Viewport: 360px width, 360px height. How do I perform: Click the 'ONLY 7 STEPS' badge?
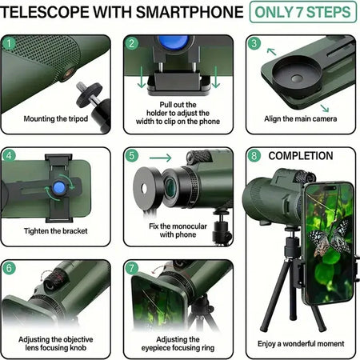302,13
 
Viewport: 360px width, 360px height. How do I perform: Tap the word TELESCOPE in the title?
50,13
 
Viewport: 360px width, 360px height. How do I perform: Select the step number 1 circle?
9,42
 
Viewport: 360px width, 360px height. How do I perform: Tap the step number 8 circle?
254,155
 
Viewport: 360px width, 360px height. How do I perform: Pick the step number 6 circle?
9,267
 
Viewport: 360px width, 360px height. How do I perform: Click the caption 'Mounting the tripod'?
55,119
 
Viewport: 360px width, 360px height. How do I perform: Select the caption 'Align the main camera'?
301,119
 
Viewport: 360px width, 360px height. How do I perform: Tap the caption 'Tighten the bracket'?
55,231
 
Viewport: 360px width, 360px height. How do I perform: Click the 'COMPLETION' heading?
301,155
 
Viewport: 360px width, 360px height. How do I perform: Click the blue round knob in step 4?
60,188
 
